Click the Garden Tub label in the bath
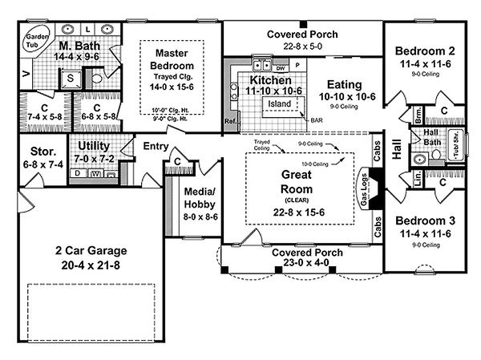tap(34, 41)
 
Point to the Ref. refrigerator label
tap(230, 122)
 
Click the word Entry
tap(156, 147)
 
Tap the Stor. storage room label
tap(43, 151)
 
